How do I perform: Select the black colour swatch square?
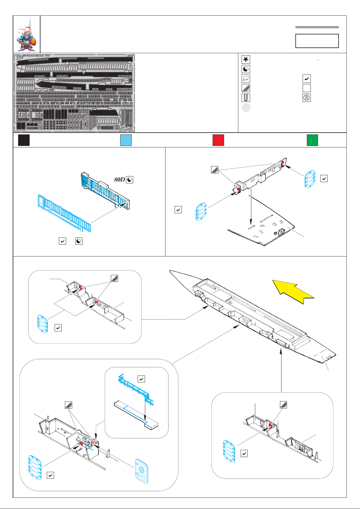click(x=24, y=140)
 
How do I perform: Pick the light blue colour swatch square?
click(x=126, y=140)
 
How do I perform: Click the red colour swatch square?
click(x=218, y=140)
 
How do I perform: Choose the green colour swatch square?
click(x=312, y=140)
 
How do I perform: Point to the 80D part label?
click(x=119, y=180)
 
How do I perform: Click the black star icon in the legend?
click(x=246, y=60)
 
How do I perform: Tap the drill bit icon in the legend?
click(x=246, y=98)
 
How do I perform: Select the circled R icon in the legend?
click(x=307, y=98)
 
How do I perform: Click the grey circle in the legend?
click(x=246, y=108)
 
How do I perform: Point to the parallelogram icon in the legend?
click(x=246, y=79)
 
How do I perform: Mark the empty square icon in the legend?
click(x=307, y=88)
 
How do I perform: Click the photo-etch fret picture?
click(x=75, y=93)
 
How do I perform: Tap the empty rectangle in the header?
click(x=317, y=41)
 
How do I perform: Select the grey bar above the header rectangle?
click(x=317, y=27)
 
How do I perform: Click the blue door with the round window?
click(x=142, y=471)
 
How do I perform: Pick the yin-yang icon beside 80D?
click(x=130, y=180)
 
